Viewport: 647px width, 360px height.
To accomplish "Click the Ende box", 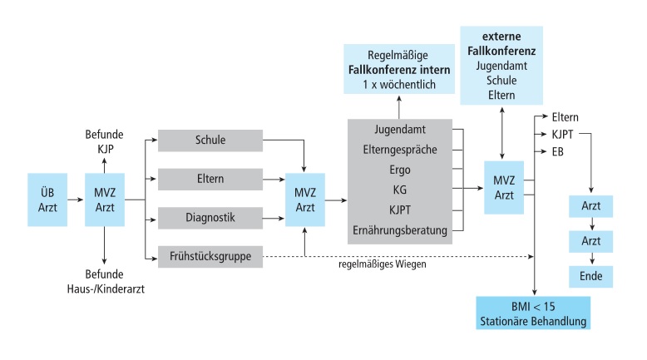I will [x=590, y=274].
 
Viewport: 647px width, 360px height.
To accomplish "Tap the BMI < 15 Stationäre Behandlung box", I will [x=533, y=313].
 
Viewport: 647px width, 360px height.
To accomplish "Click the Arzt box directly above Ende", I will [x=590, y=239].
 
